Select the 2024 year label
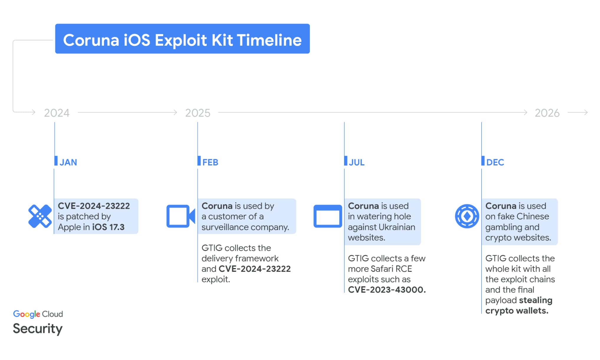point(57,113)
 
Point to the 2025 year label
point(198,113)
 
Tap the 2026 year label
point(547,113)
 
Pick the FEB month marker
point(210,162)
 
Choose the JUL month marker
point(356,162)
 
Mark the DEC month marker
point(495,162)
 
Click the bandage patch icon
point(40,216)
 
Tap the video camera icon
point(180,216)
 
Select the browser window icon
point(328,216)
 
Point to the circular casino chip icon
point(467,216)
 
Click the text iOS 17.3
point(108,227)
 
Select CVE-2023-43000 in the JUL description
point(387,290)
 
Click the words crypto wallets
point(517,311)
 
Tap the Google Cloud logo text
point(38,314)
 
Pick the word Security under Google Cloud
point(37,329)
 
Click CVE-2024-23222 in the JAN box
point(94,206)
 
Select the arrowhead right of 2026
point(586,112)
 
